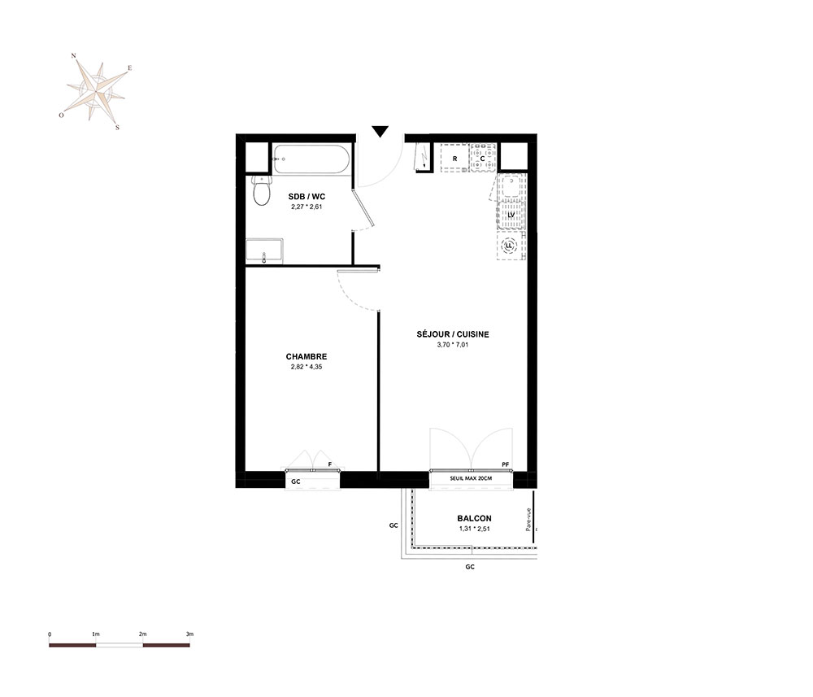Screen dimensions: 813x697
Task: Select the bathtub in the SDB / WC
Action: click(x=313, y=159)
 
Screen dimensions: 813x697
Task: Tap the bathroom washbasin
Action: click(x=264, y=251)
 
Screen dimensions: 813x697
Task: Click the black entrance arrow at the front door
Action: click(x=380, y=132)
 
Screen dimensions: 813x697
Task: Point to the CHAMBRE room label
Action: click(x=307, y=356)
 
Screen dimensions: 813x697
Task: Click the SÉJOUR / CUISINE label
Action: click(x=453, y=334)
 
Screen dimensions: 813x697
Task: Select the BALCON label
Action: click(x=475, y=518)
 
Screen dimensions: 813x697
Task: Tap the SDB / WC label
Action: click(x=307, y=197)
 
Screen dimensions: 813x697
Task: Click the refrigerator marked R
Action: click(x=454, y=158)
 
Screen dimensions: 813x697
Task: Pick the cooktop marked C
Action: click(x=483, y=158)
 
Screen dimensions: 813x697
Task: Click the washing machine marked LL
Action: click(x=511, y=246)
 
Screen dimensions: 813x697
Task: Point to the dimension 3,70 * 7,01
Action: click(x=453, y=344)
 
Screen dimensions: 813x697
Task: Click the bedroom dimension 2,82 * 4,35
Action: click(x=307, y=367)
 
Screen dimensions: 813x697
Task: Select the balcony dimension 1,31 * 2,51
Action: click(x=475, y=529)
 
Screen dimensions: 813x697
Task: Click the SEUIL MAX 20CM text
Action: click(x=471, y=478)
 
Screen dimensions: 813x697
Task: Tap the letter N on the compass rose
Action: click(x=74, y=55)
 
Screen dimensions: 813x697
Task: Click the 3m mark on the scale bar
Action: click(x=189, y=634)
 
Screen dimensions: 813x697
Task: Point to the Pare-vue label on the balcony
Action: click(x=528, y=519)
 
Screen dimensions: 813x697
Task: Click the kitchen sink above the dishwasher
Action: click(x=511, y=187)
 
